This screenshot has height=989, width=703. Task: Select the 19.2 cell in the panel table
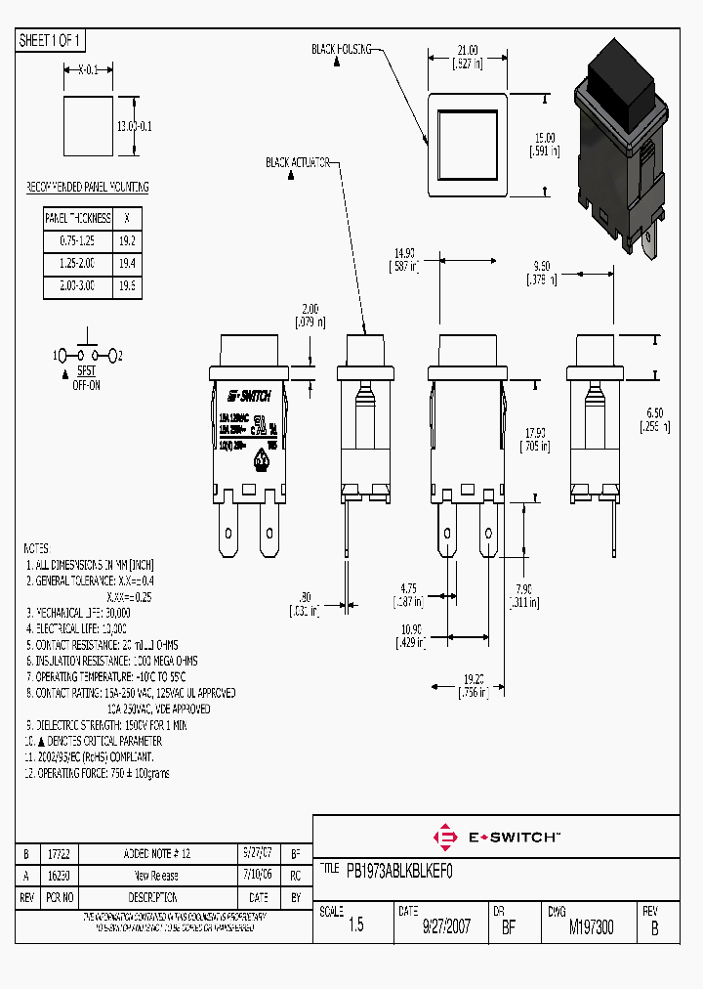[127, 239]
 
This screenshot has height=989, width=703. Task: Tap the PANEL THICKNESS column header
[78, 217]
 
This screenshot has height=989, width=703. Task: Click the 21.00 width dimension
[468, 50]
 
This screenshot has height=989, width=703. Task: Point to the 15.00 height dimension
[544, 138]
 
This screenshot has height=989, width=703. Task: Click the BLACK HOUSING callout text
[341, 48]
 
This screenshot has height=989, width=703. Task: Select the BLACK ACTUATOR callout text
[297, 162]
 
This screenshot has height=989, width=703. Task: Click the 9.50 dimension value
[543, 266]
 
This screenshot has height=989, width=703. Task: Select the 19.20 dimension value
[473, 678]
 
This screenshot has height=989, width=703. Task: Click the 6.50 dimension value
[655, 413]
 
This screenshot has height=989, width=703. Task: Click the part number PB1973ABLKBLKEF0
[400, 868]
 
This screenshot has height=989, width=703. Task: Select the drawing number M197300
[591, 927]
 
